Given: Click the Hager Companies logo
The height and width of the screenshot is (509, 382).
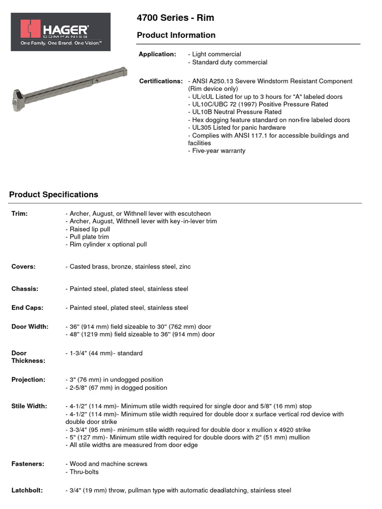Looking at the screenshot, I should coord(61,31).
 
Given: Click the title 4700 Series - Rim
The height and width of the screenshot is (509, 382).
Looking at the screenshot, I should coord(176,18).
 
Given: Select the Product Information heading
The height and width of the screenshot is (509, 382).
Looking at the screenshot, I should coord(176,35).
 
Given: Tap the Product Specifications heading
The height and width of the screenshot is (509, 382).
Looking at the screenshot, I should coord(54,194).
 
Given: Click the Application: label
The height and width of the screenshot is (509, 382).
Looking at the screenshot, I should coord(157,54).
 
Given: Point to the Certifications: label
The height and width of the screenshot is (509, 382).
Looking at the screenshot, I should coord(161,81).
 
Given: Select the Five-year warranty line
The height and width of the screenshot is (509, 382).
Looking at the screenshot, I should coord(217,151).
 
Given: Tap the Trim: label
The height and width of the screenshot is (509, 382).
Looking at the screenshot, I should coord(19,213).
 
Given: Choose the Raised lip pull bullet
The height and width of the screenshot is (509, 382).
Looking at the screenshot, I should coord(88,229).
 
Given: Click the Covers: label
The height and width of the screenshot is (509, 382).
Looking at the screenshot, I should coord(23,266).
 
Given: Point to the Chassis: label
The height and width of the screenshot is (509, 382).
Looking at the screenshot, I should coord(25,289).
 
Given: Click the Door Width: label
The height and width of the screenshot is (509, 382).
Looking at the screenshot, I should coord(30,327).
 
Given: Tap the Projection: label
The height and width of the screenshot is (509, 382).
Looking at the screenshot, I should coord(28,379).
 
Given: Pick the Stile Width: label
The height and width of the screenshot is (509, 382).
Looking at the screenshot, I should coord(29,406).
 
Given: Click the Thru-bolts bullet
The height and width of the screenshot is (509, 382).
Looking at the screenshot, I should coord(82,472).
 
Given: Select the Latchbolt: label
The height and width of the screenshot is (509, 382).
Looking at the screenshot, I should coord(27,490).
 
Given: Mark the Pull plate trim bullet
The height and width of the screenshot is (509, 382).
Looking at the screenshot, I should coord(87,237).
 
